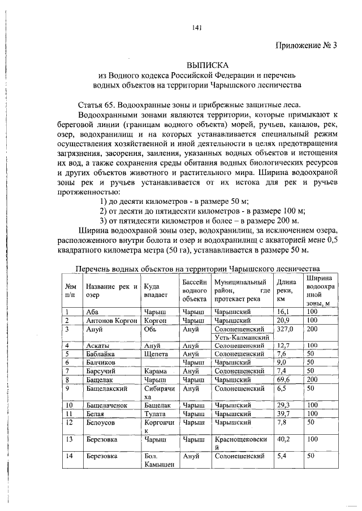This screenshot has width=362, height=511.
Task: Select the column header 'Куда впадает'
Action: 155,290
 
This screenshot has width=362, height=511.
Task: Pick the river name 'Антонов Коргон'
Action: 111,320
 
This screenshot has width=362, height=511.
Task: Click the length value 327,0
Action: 286,328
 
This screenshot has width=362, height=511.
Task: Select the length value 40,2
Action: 285,438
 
